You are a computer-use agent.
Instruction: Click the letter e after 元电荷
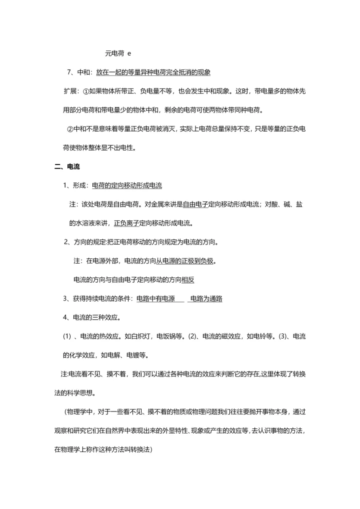tap(129, 53)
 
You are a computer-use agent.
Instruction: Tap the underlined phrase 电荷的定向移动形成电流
tap(127, 185)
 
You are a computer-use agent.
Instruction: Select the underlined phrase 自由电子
tap(195, 204)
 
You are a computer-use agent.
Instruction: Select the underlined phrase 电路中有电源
tap(155, 299)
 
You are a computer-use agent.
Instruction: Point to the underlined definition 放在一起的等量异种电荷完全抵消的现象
tap(153, 72)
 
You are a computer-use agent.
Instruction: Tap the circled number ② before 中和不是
tap(70, 129)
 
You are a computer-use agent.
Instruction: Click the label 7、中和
tap(79, 72)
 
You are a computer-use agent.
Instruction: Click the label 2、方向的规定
tap(84, 242)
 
